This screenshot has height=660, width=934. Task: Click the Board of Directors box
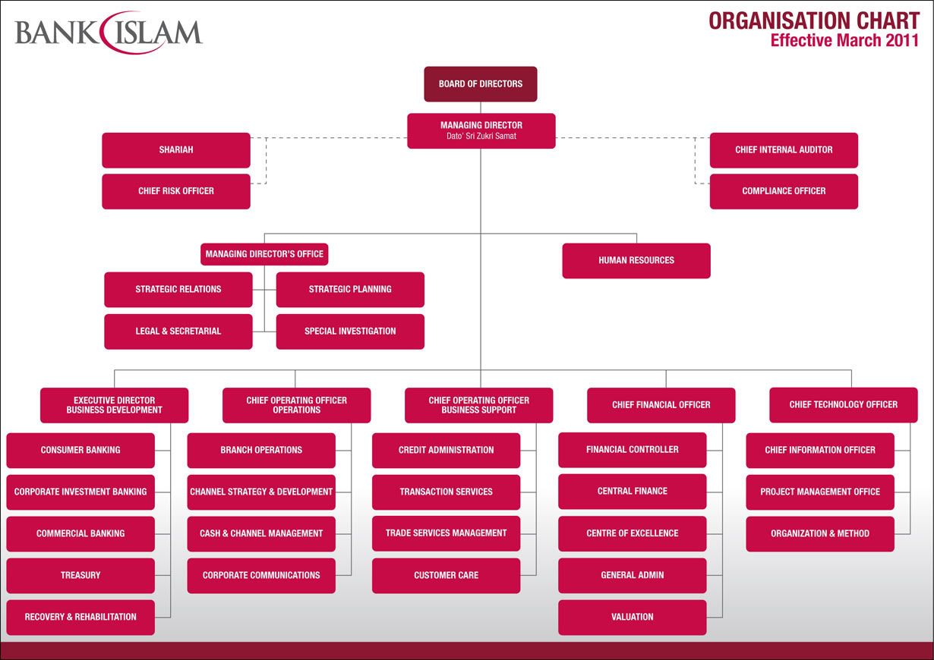click(480, 84)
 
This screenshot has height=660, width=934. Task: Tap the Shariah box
click(175, 150)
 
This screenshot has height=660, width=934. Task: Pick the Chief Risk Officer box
click(175, 191)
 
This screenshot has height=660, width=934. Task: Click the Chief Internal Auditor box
click(784, 150)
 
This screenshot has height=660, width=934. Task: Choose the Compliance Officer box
click(784, 191)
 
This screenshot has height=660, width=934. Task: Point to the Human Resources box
click(636, 260)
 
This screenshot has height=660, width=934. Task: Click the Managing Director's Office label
click(264, 254)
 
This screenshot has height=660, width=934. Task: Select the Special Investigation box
click(350, 332)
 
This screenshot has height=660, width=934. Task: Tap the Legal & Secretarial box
click(178, 332)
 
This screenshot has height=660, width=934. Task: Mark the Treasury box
click(80, 576)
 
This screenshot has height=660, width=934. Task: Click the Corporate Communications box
click(261, 576)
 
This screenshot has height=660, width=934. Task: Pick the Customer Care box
click(446, 576)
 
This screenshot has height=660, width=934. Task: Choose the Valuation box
click(632, 618)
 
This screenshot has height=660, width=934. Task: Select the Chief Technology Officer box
click(843, 405)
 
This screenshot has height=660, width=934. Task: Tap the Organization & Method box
click(820, 533)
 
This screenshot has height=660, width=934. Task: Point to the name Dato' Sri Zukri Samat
click(481, 136)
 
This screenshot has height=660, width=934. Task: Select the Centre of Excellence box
click(632, 533)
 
